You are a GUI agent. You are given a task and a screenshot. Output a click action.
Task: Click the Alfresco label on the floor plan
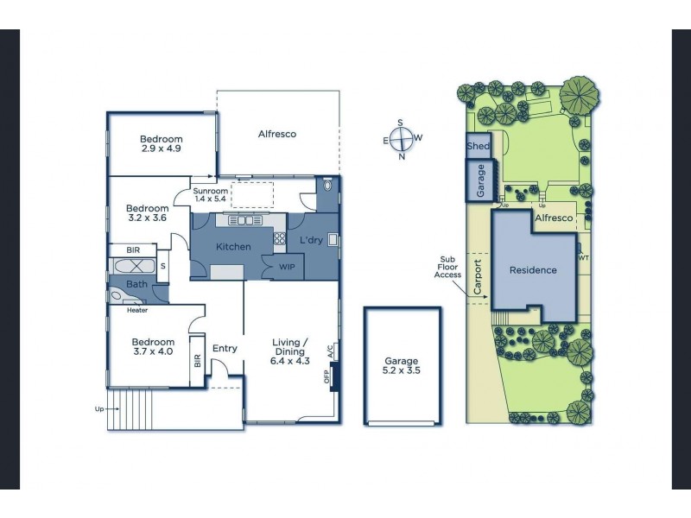pyautogui.click(x=277, y=134)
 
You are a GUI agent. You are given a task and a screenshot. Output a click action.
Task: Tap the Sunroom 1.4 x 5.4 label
pyautogui.click(x=210, y=195)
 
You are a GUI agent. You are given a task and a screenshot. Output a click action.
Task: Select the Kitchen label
pyautogui.click(x=232, y=247)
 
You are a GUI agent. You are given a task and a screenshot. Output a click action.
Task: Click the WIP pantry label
pyautogui.click(x=287, y=267)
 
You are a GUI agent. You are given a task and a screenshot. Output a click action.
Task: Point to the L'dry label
pyautogui.click(x=311, y=239)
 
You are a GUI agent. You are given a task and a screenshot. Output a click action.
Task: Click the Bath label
pyautogui.click(x=137, y=283)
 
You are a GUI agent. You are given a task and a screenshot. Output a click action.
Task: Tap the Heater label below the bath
pyautogui.click(x=136, y=310)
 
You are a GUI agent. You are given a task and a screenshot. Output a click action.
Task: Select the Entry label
pyautogui.click(x=225, y=349)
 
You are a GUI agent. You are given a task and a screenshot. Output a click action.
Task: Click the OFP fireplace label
pyautogui.click(x=327, y=376)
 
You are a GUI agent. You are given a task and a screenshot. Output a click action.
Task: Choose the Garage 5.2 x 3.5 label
pyautogui.click(x=402, y=366)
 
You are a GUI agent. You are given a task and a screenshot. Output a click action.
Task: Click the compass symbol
pyautogui.click(x=402, y=139)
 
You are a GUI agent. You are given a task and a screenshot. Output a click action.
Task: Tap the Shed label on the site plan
pyautogui.click(x=478, y=147)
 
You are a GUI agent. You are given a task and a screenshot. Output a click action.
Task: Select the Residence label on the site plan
pyautogui.click(x=533, y=270)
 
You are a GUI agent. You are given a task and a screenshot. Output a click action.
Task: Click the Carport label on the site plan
pyautogui.click(x=478, y=277)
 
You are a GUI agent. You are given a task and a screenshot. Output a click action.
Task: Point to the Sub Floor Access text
pyautogui.click(x=448, y=267)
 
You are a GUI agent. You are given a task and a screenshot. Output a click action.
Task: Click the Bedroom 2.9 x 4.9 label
pyautogui.click(x=162, y=144)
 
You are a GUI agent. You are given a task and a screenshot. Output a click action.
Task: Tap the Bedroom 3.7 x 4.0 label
pyautogui.click(x=154, y=347)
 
